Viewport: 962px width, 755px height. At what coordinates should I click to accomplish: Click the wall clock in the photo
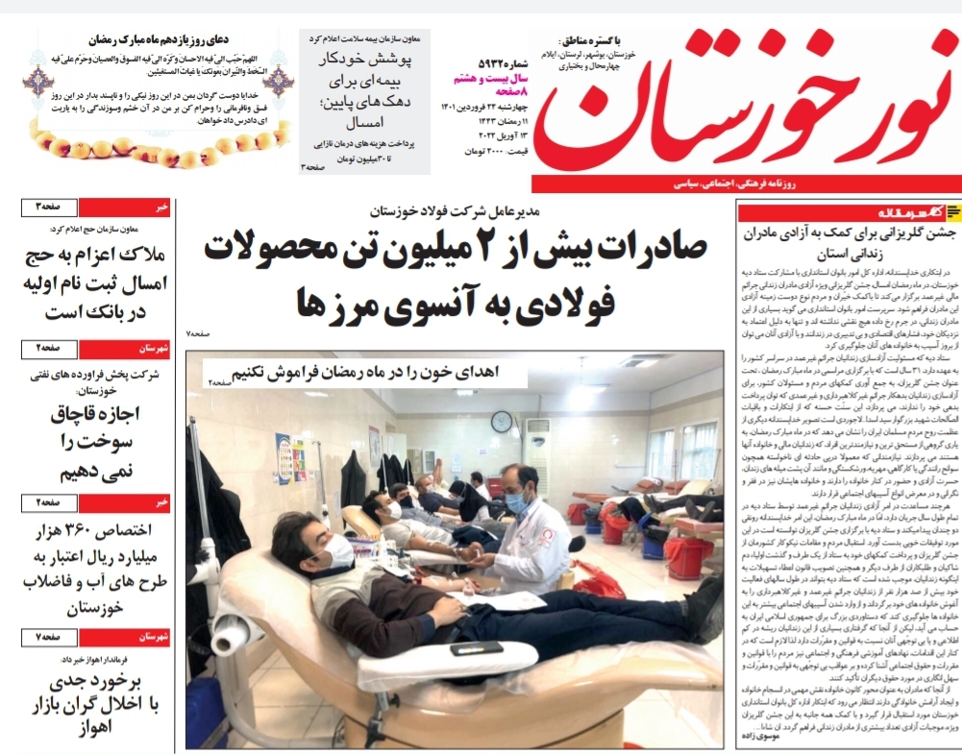502,421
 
